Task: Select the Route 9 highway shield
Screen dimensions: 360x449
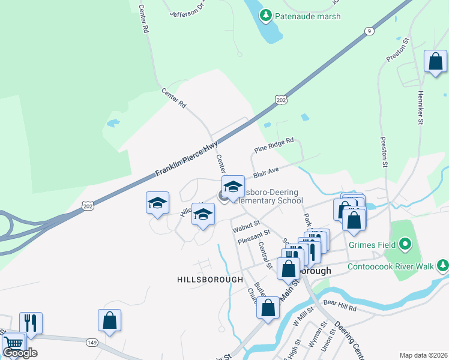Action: pos(369,31)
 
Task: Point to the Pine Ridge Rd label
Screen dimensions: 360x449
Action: pos(274,145)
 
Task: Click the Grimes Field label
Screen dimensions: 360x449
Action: pos(373,245)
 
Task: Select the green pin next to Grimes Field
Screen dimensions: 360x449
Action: pos(405,244)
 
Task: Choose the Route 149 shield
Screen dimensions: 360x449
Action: pos(92,343)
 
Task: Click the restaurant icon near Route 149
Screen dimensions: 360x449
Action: pos(31,323)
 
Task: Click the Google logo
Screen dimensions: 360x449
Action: pos(20,353)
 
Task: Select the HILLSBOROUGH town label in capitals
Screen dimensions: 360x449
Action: pos(210,280)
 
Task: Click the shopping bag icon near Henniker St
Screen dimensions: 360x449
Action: pos(435,61)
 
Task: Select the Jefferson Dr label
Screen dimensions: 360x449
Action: pos(191,11)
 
